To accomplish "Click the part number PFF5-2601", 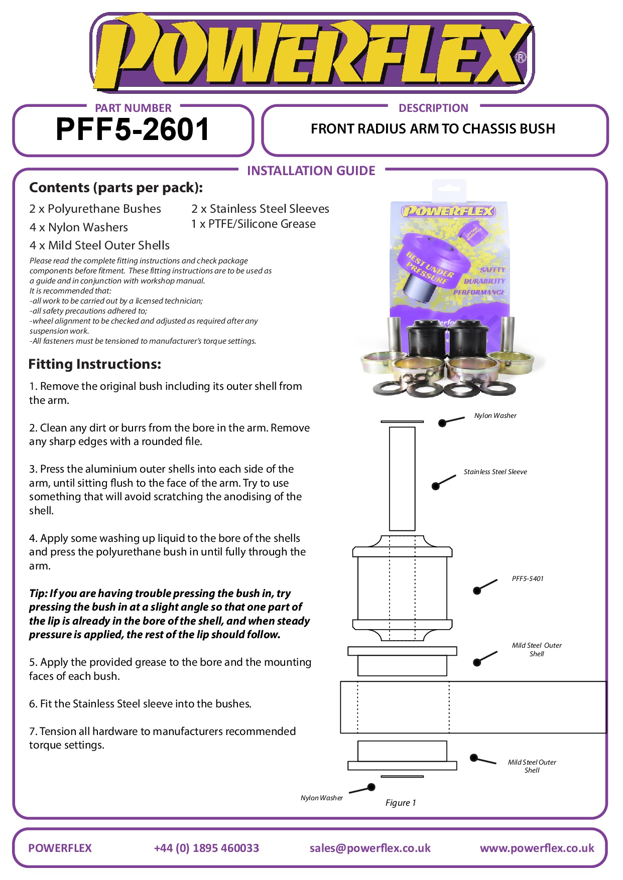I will [133, 129].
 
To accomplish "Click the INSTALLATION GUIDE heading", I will [311, 171].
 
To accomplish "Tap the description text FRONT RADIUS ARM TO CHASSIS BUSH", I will [433, 129].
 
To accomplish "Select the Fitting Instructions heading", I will [95, 364].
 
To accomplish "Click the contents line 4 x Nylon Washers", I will [79, 227].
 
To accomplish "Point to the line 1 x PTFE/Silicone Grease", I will [254, 224].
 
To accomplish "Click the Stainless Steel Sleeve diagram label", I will [495, 472].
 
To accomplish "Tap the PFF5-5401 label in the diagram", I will [527, 578].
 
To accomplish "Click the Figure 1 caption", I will [401, 803].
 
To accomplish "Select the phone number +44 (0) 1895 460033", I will [206, 848].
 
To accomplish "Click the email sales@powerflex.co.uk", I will [370, 848].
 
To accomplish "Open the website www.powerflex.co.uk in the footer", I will [537, 848].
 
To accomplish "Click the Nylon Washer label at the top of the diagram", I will [495, 415].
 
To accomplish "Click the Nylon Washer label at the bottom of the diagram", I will [321, 798].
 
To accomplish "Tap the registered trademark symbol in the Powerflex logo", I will [521, 57].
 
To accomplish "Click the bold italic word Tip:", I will [38, 593].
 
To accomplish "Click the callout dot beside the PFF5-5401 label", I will [477, 591].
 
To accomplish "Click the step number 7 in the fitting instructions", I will [32, 731].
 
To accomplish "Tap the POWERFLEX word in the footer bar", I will [60, 848].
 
